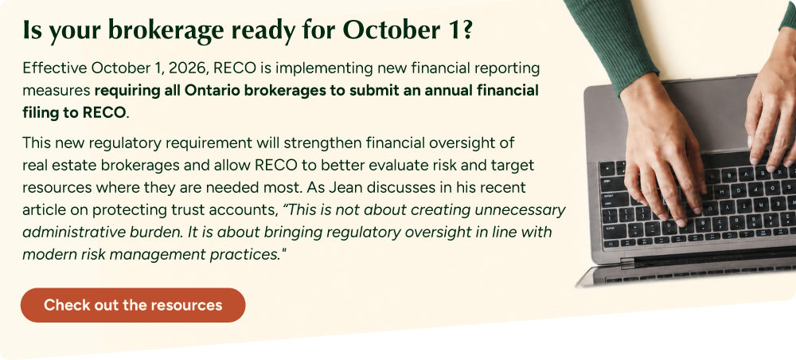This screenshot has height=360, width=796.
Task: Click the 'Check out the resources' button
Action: click(133, 305)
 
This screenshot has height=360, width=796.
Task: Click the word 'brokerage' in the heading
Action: click(166, 31)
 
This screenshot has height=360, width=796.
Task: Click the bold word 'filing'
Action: click(40, 113)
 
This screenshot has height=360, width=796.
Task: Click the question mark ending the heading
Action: click(466, 30)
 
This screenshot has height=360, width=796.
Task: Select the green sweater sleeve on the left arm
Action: click(611, 41)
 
